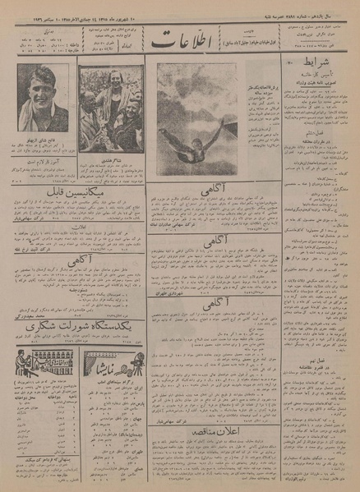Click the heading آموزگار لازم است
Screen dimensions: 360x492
[42, 163]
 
